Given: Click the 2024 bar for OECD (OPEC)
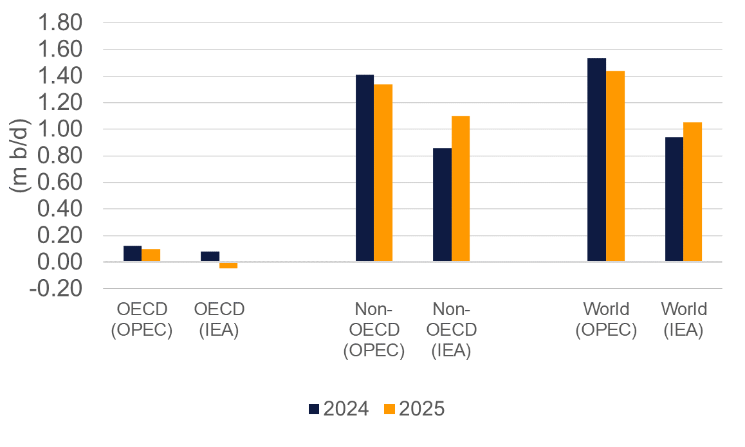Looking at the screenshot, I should pyautogui.click(x=133, y=254).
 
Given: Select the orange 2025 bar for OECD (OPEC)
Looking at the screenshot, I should pyautogui.click(x=151, y=255).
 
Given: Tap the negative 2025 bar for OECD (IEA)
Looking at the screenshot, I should pyautogui.click(x=228, y=265).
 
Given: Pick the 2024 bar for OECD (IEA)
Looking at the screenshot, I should pyautogui.click(x=210, y=257).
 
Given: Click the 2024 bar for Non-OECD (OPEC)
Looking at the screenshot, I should pyautogui.click(x=365, y=169).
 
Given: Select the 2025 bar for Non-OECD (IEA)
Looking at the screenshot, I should pyautogui.click(x=460, y=189).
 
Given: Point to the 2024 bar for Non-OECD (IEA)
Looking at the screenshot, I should pyautogui.click(x=442, y=205).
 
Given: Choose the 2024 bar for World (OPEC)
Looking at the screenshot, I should pyautogui.click(x=596, y=160).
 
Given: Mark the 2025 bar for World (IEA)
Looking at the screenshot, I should pyautogui.click(x=692, y=192).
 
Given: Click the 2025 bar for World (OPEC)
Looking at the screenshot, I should pyautogui.click(x=615, y=167).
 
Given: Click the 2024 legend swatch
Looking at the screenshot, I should pyautogui.click(x=315, y=409).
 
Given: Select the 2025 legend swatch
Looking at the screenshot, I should pyautogui.click(x=389, y=409).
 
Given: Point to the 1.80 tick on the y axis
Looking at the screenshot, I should pyautogui.click(x=62, y=23).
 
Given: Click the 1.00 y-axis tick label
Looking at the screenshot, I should pyautogui.click(x=62, y=129).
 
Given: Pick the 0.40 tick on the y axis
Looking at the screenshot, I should pyautogui.click(x=62, y=210).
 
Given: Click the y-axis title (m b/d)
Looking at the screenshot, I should pyautogui.click(x=21, y=156).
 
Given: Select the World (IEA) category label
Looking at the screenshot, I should pyautogui.click(x=684, y=320).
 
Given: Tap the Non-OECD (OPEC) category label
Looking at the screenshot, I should pyautogui.click(x=374, y=330).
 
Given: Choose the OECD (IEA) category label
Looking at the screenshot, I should pyautogui.click(x=219, y=320).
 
